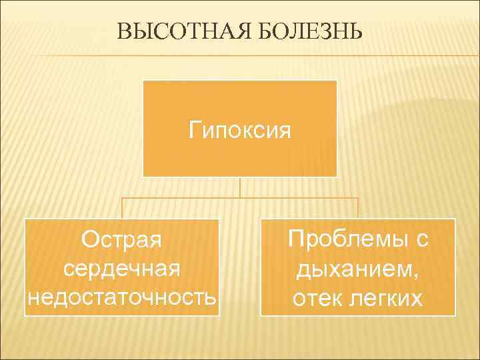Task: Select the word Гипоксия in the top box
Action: pos(240,128)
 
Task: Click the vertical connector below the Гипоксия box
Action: pos(240,187)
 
